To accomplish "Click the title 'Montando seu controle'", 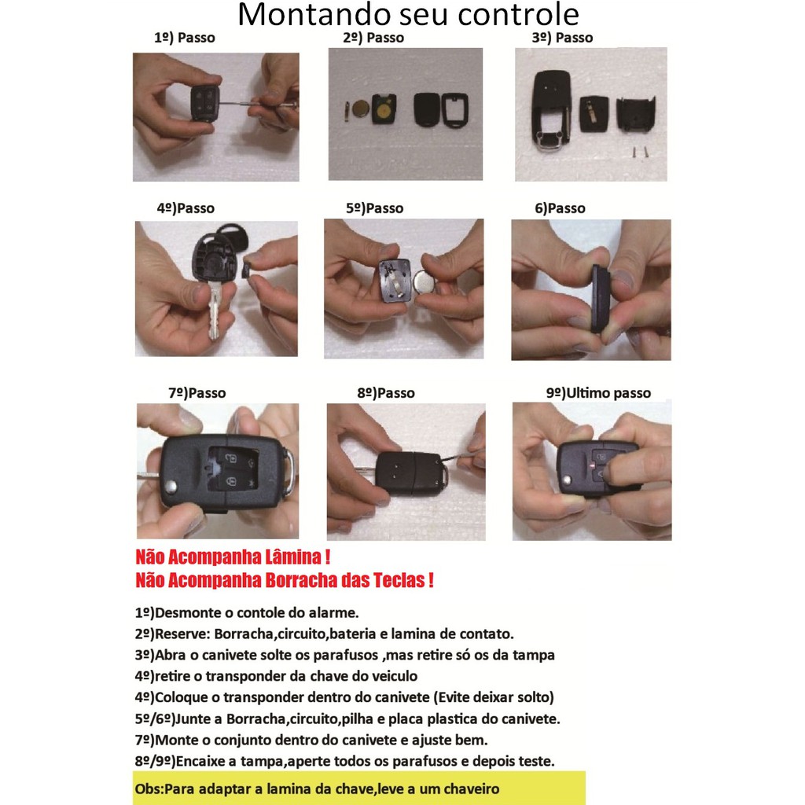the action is pos(408,14).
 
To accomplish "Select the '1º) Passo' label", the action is pos(184,38).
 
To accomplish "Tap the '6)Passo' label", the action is pos(560,208).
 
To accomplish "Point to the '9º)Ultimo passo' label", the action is pos(598,393).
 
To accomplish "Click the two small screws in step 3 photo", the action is pos(640,152).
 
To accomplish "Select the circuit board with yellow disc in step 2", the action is pos(384,108).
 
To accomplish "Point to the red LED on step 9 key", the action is pos(591,465).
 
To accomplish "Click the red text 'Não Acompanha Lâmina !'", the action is pos(233,557).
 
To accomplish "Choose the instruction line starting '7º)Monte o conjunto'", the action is pos(311,740).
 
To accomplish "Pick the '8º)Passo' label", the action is pos(385,393).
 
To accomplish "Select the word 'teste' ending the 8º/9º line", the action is pos(539,761).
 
